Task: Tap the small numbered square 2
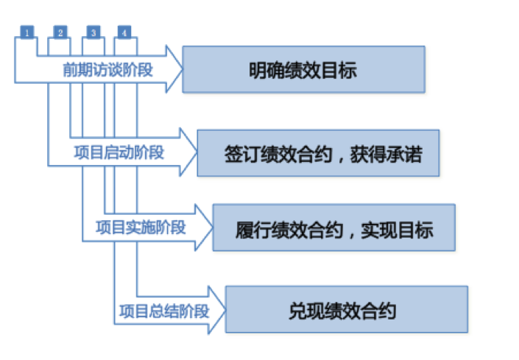click(60, 32)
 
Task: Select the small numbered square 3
click(93, 32)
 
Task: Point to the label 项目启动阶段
click(119, 153)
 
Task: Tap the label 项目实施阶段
click(141, 227)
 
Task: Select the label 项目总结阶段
click(163, 311)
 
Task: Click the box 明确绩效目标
click(303, 70)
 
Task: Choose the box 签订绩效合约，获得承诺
click(318, 154)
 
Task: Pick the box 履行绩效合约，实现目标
click(333, 227)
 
